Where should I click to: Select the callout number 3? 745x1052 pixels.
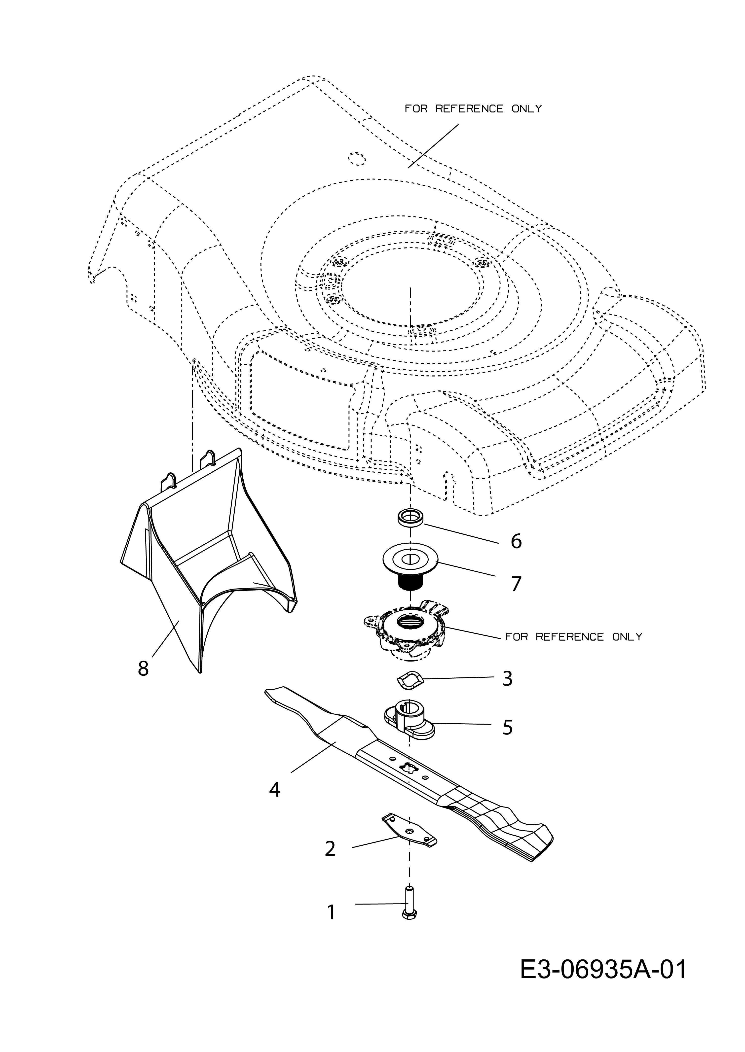[507, 678]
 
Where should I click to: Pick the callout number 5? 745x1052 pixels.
[507, 727]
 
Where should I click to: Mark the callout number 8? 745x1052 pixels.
[143, 668]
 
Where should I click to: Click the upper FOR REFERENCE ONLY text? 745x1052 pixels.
[473, 109]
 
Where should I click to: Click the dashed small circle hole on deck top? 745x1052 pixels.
[356, 158]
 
